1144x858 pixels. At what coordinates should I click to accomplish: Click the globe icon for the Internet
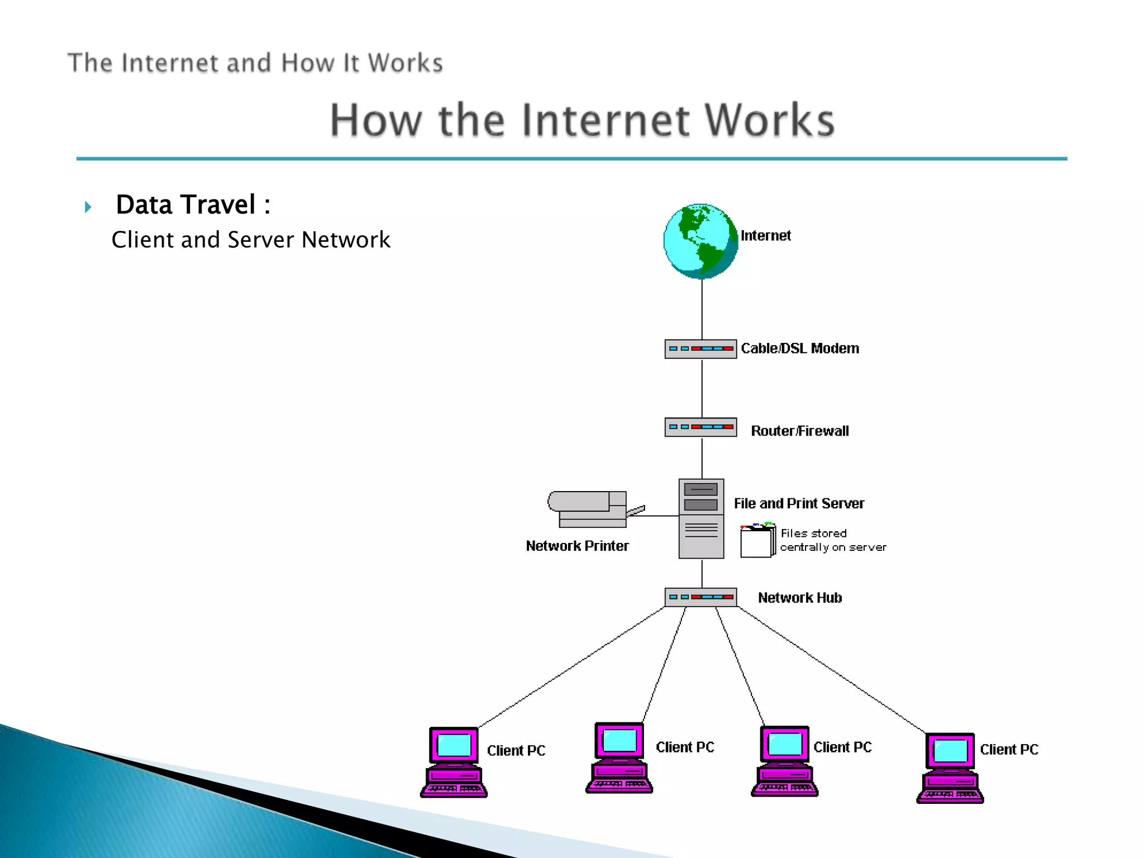click(x=700, y=241)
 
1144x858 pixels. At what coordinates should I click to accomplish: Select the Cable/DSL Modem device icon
click(x=700, y=349)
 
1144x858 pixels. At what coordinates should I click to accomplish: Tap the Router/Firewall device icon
click(x=700, y=427)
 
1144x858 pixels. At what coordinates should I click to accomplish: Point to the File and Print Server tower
click(x=701, y=518)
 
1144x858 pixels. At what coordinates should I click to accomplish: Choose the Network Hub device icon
click(x=700, y=597)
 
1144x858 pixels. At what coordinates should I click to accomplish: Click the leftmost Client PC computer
click(x=454, y=762)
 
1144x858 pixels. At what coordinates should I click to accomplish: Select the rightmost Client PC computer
click(x=950, y=768)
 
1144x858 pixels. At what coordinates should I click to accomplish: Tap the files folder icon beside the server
click(x=757, y=540)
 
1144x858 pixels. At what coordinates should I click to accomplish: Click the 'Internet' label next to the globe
click(x=765, y=236)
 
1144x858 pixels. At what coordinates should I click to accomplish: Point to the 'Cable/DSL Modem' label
click(x=800, y=349)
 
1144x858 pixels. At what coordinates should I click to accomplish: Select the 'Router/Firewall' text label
click(x=800, y=431)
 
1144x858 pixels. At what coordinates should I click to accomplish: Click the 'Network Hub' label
click(x=800, y=598)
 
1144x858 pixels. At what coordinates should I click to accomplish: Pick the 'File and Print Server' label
click(x=799, y=503)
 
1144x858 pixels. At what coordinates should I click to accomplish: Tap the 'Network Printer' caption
click(x=577, y=546)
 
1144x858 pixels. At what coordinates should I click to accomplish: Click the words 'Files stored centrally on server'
click(x=832, y=540)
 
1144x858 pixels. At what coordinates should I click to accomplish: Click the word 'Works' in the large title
click(x=769, y=120)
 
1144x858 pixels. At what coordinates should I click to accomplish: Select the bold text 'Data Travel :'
click(x=193, y=204)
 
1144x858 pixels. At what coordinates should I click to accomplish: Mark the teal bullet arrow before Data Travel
click(x=88, y=207)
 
